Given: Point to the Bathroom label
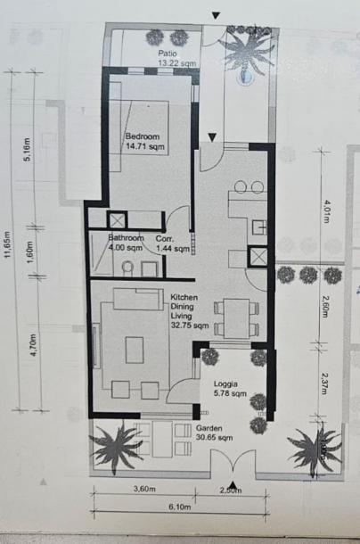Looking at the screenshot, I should click(127, 238).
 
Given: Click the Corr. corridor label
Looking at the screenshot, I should click(164, 238).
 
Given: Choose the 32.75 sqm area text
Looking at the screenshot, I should click(185, 326).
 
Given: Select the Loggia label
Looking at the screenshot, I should click(226, 383).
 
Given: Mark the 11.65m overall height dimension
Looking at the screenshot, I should click(8, 243).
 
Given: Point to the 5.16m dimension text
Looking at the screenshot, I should click(29, 150).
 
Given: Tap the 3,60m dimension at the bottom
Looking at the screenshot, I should click(144, 489).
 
